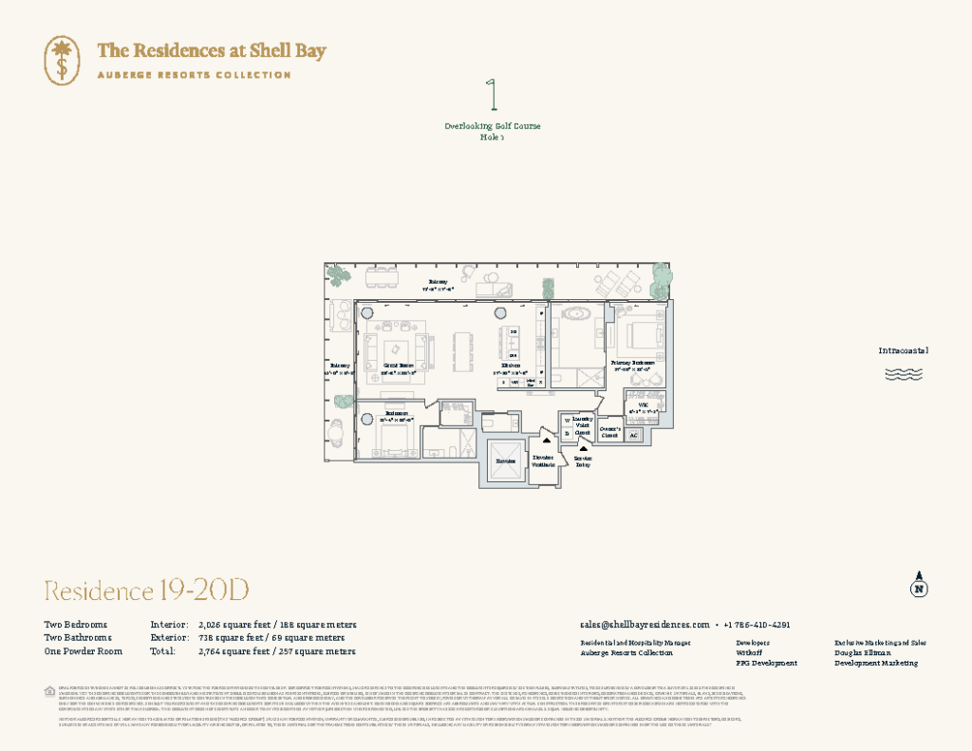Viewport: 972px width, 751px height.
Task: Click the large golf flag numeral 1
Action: (492, 98)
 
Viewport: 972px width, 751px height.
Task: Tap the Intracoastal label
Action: (903, 350)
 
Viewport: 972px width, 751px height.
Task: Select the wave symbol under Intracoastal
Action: (903, 374)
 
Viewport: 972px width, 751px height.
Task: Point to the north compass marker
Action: (918, 586)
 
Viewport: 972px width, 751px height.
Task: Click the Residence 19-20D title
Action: (146, 591)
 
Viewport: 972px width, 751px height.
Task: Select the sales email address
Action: (645, 625)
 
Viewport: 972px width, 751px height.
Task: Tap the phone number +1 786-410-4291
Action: (757, 625)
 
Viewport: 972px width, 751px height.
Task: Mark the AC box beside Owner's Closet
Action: (634, 435)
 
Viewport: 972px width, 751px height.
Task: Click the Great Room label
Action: (398, 365)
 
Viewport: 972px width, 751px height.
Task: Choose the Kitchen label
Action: (511, 366)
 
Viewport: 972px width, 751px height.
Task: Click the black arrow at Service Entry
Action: (583, 447)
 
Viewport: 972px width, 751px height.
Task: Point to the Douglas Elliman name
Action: (863, 653)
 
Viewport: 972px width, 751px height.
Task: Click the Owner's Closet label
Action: (610, 432)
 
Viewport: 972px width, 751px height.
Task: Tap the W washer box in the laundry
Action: (568, 420)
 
